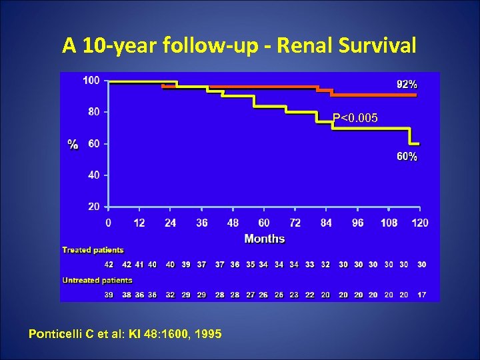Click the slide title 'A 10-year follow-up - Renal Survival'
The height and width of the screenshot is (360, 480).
click(x=239, y=45)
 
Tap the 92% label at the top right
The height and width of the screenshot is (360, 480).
click(x=407, y=85)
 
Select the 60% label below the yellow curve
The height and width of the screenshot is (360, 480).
click(x=407, y=157)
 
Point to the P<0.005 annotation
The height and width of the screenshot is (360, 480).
click(x=355, y=118)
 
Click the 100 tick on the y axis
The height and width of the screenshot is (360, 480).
click(x=91, y=80)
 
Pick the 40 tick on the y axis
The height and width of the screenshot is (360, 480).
click(x=93, y=175)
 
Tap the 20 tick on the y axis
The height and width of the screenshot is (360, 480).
click(x=93, y=207)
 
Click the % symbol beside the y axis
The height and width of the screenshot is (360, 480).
click(x=73, y=144)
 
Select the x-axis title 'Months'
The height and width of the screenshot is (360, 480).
click(x=264, y=239)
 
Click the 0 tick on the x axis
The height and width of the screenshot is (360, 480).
click(x=109, y=223)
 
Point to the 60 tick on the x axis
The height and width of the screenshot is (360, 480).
click(x=264, y=223)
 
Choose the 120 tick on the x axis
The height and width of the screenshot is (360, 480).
click(x=420, y=223)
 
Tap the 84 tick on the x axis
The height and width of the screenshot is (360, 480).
click(x=326, y=223)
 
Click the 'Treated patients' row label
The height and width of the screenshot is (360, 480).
click(x=93, y=250)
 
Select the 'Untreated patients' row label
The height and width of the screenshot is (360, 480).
click(x=97, y=280)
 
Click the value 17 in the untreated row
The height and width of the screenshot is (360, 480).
click(x=421, y=294)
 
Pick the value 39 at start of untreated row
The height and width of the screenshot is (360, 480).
click(x=109, y=294)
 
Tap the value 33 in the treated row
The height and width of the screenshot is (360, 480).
click(x=309, y=265)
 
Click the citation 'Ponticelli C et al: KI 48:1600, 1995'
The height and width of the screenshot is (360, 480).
click(x=125, y=333)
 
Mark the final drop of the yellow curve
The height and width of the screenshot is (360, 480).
click(x=409, y=137)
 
